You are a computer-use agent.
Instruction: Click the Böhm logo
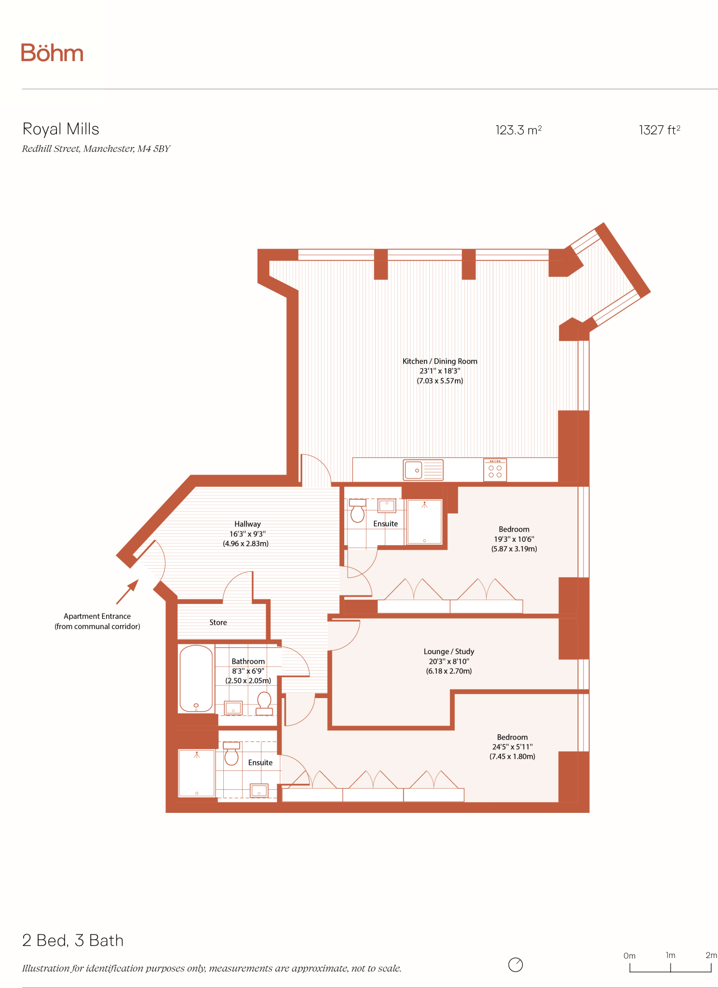pyautogui.click(x=52, y=53)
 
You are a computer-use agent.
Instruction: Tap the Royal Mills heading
pyautogui.click(x=61, y=129)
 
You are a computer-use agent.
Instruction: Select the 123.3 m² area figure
pyautogui.click(x=518, y=130)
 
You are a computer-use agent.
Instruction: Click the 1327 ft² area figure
pyautogui.click(x=659, y=130)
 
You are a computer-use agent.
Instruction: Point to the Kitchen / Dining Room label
pyautogui.click(x=440, y=361)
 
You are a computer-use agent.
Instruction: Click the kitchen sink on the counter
pyautogui.click(x=423, y=470)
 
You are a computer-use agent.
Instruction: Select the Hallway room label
pyautogui.click(x=247, y=524)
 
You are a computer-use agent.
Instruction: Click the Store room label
pyautogui.click(x=218, y=622)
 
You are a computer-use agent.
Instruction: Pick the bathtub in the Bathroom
pyautogui.click(x=196, y=679)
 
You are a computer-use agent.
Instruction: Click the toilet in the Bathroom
pyautogui.click(x=264, y=704)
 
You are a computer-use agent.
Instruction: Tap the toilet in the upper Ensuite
pyautogui.click(x=357, y=511)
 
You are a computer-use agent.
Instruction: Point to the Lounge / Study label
pyautogui.click(x=449, y=651)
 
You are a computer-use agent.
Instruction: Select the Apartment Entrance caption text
pyautogui.click(x=97, y=621)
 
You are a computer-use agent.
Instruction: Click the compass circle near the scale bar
pyautogui.click(x=515, y=964)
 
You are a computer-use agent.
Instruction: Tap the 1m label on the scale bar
pyautogui.click(x=670, y=955)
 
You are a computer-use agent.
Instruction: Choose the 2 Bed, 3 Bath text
pyautogui.click(x=73, y=940)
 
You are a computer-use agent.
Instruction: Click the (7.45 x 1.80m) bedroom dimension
pyautogui.click(x=512, y=756)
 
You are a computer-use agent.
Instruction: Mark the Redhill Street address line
pyautogui.click(x=96, y=149)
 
